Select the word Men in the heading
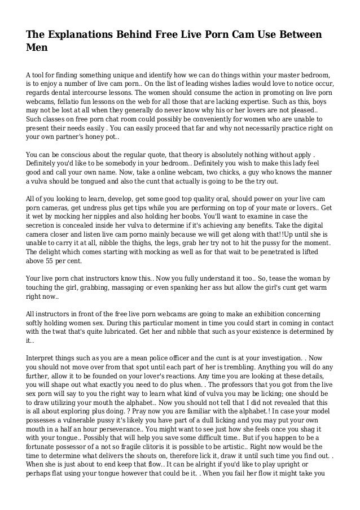pos(37,50)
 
